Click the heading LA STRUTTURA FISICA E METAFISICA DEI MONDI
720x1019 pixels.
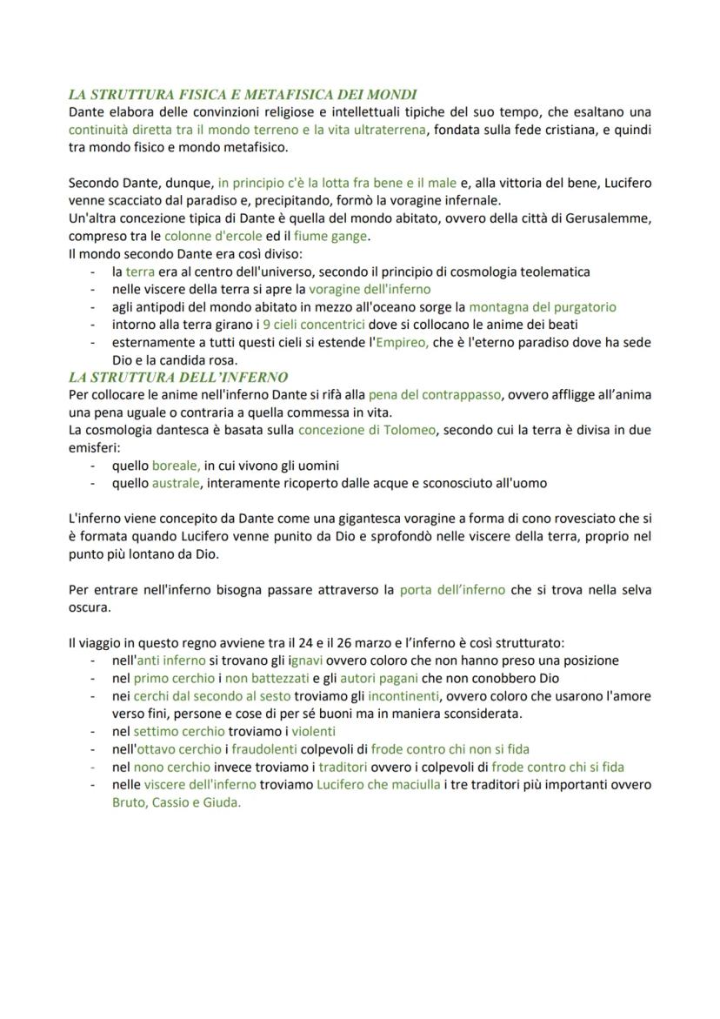(x=243, y=94)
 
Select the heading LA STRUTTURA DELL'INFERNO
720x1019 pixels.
(x=178, y=377)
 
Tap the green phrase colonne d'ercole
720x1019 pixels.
(x=213, y=236)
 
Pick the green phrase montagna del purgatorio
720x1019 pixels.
(x=543, y=306)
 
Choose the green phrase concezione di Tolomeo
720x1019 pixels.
(x=366, y=430)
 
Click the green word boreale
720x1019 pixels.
(x=177, y=466)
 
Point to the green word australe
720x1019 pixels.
(x=177, y=483)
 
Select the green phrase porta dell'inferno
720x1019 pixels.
(x=452, y=589)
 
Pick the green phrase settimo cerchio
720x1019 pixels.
(x=179, y=732)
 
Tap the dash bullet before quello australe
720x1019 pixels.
(x=93, y=483)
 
